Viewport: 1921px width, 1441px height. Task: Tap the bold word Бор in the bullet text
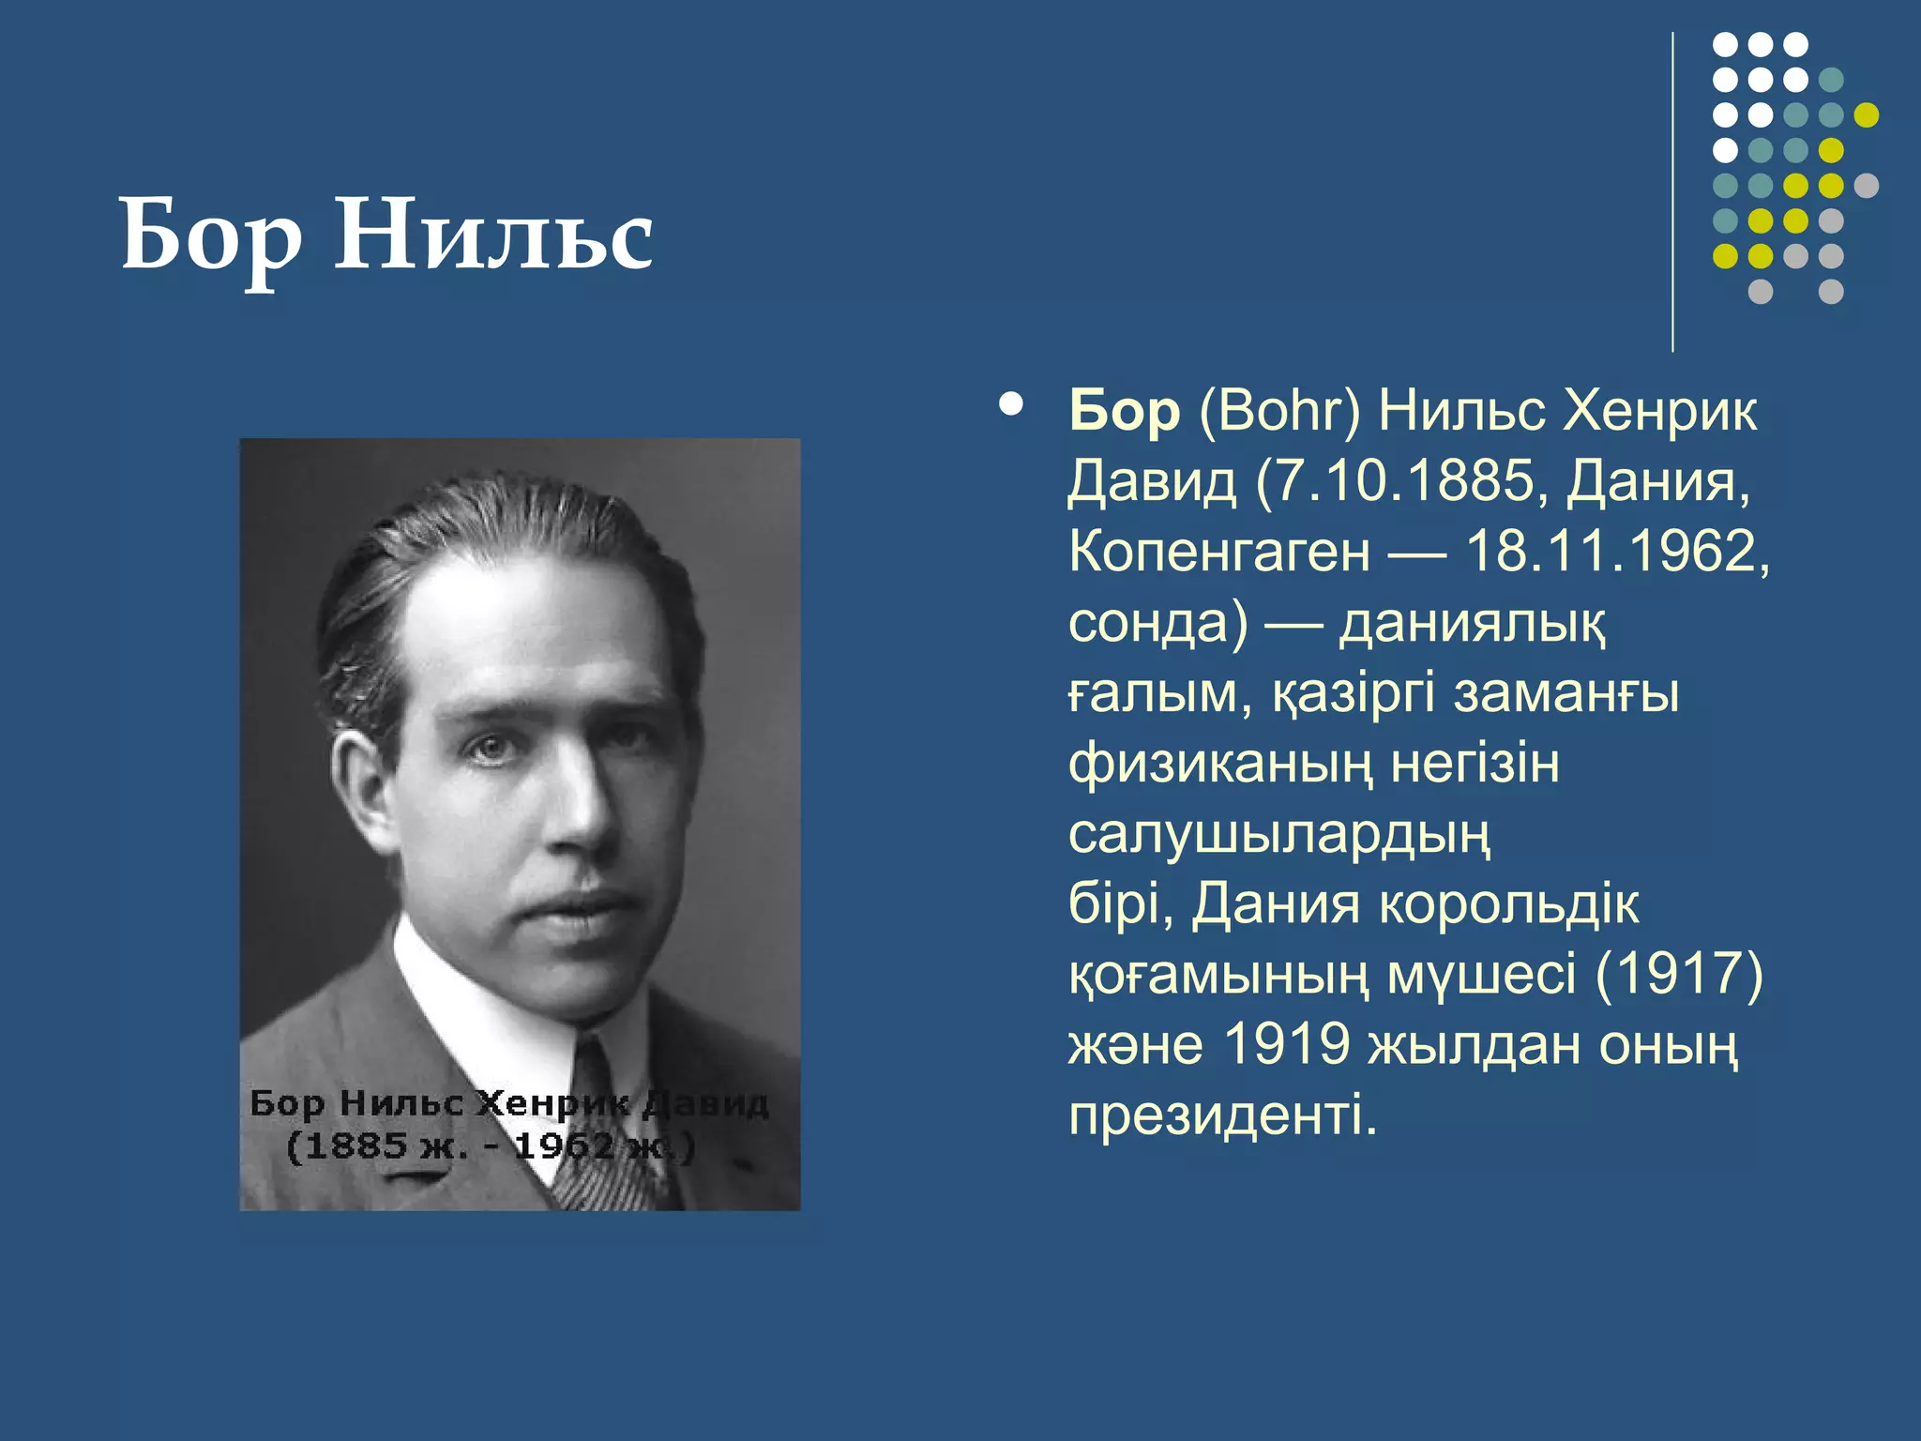click(x=1124, y=412)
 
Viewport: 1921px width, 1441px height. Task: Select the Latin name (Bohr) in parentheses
click(x=1279, y=412)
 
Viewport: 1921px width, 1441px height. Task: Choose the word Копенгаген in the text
click(x=1218, y=553)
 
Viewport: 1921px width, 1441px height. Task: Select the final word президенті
click(x=1222, y=1115)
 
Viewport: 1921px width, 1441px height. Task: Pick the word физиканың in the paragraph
click(x=1220, y=765)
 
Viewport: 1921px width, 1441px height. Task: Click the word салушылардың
click(x=1279, y=835)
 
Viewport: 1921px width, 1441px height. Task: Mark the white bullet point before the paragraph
click(x=1011, y=405)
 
